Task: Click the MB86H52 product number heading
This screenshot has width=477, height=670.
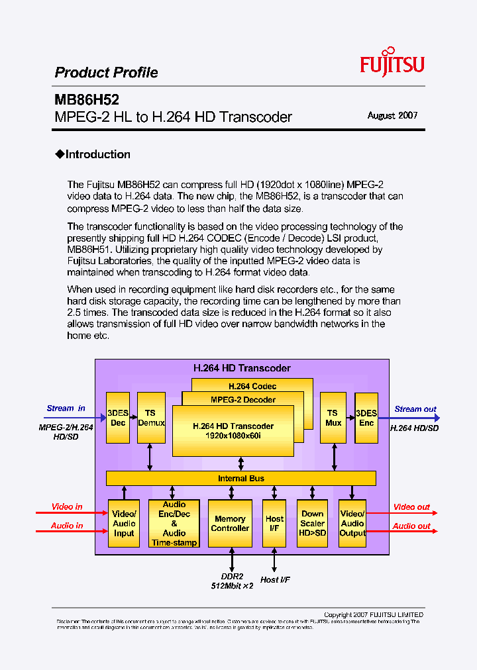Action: [x=87, y=100]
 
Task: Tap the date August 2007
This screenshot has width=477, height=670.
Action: [x=392, y=115]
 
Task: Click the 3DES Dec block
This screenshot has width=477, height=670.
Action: [x=118, y=418]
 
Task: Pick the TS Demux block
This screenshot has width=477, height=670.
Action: [x=151, y=418]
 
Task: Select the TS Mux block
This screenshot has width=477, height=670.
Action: [x=333, y=418]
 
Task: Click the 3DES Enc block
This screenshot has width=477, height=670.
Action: [x=366, y=418]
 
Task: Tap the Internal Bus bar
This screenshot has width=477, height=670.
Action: [x=241, y=478]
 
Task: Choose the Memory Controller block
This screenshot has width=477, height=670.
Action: [x=230, y=524]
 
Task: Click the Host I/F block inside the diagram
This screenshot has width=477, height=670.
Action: [x=274, y=524]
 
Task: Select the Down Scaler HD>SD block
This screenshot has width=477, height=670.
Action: [x=313, y=524]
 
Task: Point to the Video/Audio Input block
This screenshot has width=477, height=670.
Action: [x=124, y=524]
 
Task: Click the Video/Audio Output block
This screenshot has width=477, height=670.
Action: [x=352, y=524]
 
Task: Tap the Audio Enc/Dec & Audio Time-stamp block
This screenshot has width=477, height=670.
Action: [x=174, y=524]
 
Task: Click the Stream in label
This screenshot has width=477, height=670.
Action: [x=66, y=408]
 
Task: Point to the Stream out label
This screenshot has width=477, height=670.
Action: [x=415, y=409]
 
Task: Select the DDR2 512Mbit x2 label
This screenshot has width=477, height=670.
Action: [x=232, y=581]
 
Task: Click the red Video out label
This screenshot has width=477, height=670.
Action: [x=411, y=507]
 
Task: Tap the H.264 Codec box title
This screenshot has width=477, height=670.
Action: [x=252, y=386]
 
